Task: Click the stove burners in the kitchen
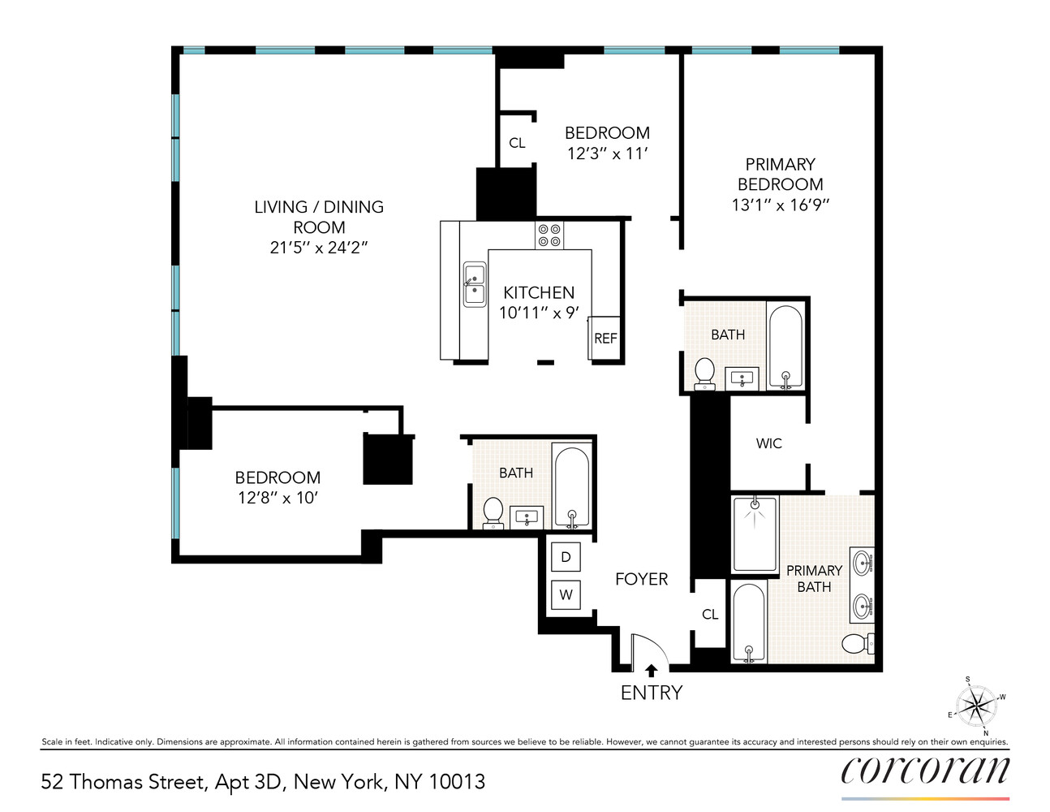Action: [549, 235]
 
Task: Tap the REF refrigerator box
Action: [605, 338]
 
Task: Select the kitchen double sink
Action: [475, 284]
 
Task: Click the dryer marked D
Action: [566, 557]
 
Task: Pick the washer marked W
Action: [566, 594]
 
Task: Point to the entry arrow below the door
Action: [651, 671]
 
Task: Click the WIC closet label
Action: [768, 443]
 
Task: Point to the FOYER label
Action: [641, 579]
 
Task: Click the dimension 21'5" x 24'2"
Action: [319, 248]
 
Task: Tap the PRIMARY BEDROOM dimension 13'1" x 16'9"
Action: [780, 205]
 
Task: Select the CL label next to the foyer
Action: [710, 615]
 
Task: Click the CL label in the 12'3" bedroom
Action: [517, 143]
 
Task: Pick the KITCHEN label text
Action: [538, 292]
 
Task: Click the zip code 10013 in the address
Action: [456, 782]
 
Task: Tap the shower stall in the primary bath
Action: [755, 534]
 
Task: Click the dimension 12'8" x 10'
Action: [278, 498]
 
